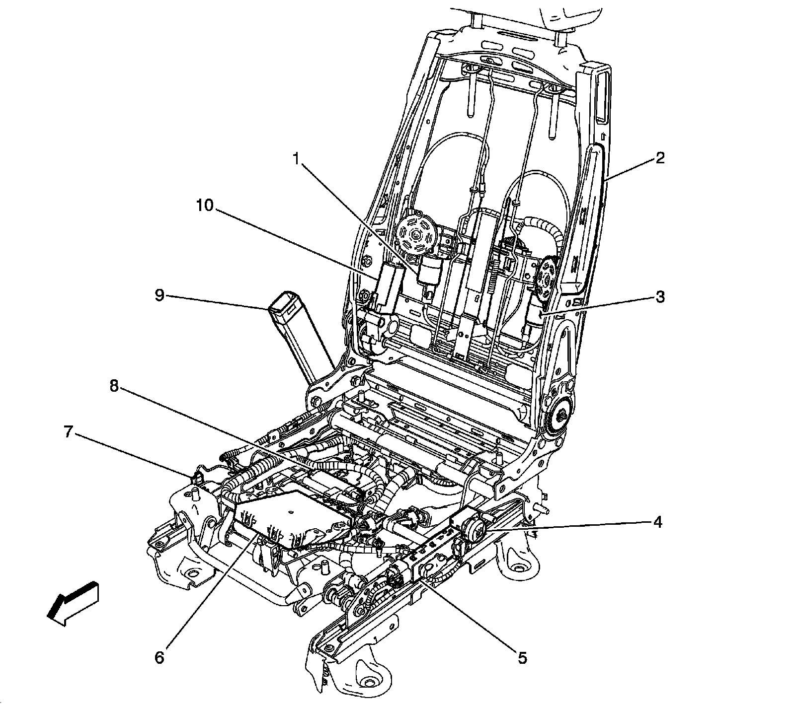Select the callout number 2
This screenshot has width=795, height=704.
[x=659, y=158]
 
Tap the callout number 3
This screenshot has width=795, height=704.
[x=659, y=297]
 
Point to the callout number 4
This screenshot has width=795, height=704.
[x=657, y=522]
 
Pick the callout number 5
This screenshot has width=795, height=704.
[x=522, y=658]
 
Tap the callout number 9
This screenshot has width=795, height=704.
[x=159, y=296]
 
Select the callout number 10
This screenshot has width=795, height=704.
[x=204, y=205]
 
